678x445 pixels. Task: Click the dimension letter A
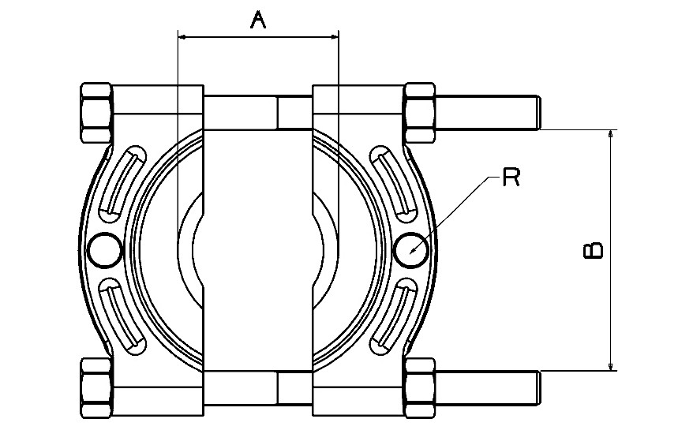pos(258,20)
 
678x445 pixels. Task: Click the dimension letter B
pos(594,250)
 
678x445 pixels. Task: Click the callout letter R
pos(511,178)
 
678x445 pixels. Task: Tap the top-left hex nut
pos(96,113)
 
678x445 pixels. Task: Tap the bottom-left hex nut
pos(96,388)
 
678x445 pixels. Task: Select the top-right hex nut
pos(419,113)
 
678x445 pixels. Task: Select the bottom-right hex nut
pos(419,388)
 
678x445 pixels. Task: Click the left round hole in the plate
pos(105,250)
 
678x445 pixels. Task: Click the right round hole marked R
pos(411,250)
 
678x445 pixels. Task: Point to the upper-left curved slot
pos(122,184)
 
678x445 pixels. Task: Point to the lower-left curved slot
pos(122,316)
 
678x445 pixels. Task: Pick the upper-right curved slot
pos(395,184)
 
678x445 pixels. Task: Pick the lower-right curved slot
pos(395,316)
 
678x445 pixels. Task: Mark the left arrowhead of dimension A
pos(182,37)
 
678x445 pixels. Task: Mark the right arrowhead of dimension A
pos(335,37)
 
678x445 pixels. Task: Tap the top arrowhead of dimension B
pos(610,133)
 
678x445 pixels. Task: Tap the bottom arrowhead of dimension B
pos(610,366)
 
